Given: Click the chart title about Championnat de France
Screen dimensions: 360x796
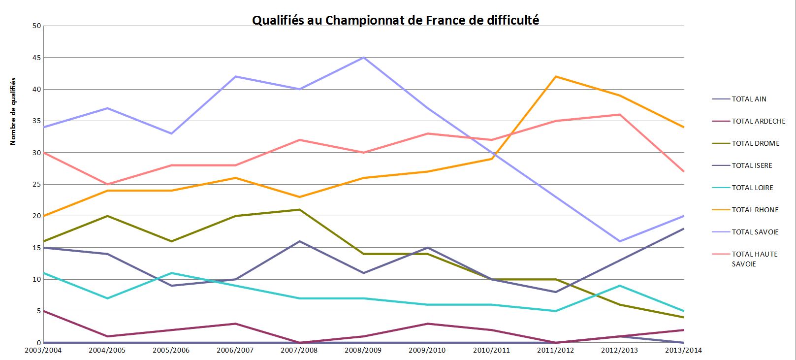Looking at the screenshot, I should click(x=395, y=20).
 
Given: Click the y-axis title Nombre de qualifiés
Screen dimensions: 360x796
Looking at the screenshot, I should click(x=13, y=111).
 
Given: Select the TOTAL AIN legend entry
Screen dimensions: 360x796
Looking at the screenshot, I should click(x=749, y=99).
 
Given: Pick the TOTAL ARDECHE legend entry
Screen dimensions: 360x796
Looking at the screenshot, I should click(x=758, y=121).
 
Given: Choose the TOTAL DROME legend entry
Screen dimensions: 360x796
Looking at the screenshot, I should click(x=755, y=143).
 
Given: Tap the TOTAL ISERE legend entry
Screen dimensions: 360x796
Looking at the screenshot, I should click(x=752, y=165).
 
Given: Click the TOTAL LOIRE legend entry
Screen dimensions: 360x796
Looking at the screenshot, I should click(x=752, y=188).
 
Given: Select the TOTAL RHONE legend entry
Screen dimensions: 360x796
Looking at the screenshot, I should click(x=755, y=210).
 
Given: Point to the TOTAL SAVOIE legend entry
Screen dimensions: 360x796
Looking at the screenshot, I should click(x=755, y=232).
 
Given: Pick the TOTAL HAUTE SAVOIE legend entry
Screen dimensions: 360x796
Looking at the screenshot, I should click(x=754, y=259).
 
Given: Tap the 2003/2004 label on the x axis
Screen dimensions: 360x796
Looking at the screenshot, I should click(x=43, y=350).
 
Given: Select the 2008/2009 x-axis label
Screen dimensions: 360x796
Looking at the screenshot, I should click(x=363, y=350).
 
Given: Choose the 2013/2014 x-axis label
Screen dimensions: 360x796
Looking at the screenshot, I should click(x=683, y=350).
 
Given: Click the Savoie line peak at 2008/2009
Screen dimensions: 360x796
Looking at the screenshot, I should click(x=363, y=58).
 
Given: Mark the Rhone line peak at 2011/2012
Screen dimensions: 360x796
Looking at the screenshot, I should click(x=556, y=76).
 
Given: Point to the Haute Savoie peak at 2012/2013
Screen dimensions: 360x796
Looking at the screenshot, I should click(x=620, y=115).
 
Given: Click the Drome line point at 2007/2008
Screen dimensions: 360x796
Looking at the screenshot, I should click(x=299, y=209).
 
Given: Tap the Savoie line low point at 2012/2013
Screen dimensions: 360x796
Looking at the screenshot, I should click(x=620, y=241).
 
